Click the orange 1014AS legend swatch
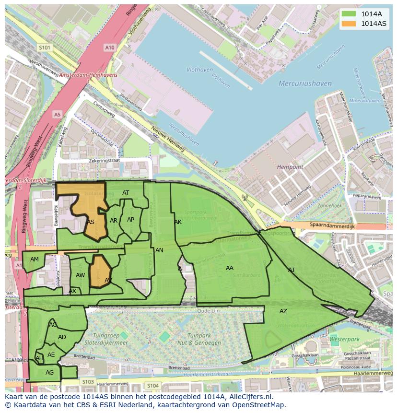pos(349,24)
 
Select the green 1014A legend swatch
pos(349,13)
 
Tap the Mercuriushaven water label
pos(305,83)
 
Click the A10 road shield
pos(110,47)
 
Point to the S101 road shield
pos(45,47)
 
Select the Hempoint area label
pos(290,167)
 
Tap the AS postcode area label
pos(91,222)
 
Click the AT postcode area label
pos(126,193)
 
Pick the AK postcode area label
pos(178,222)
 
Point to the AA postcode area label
pos(230,268)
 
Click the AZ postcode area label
pos(283,311)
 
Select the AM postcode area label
pos(35,260)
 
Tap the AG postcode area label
pos(49,373)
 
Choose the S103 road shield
pos(88,382)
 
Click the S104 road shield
pos(153,386)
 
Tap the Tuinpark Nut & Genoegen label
pos(204,339)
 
